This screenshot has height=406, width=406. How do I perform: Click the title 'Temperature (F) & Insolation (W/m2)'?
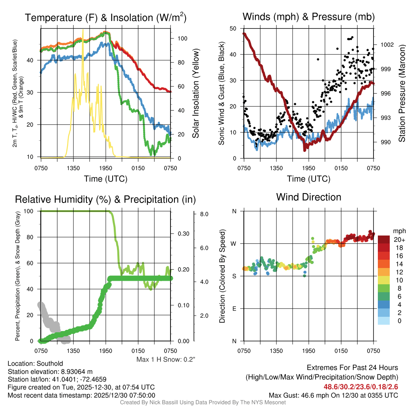tap(105, 17)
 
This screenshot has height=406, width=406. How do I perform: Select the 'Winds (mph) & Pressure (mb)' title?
tap(308, 17)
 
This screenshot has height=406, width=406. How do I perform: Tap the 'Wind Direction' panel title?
tap(308, 197)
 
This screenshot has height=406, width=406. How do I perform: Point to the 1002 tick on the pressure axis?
tap(386, 44)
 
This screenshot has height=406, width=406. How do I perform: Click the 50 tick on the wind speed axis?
tap(233, 29)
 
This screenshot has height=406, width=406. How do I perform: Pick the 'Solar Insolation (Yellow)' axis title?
tap(196, 93)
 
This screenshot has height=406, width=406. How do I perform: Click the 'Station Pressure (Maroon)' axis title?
tap(401, 93)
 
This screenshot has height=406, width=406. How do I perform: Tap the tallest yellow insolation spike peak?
tap(83, 30)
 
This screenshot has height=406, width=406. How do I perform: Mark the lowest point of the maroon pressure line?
tap(304, 150)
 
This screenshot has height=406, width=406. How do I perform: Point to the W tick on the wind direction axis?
tap(234, 243)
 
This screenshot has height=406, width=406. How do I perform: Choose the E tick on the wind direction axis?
tap(234, 308)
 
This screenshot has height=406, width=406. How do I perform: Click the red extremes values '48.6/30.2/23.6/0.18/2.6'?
tap(361, 387)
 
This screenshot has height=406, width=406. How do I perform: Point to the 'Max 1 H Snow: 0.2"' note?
tap(166, 360)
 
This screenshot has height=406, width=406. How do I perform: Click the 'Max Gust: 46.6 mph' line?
tap(333, 395)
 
